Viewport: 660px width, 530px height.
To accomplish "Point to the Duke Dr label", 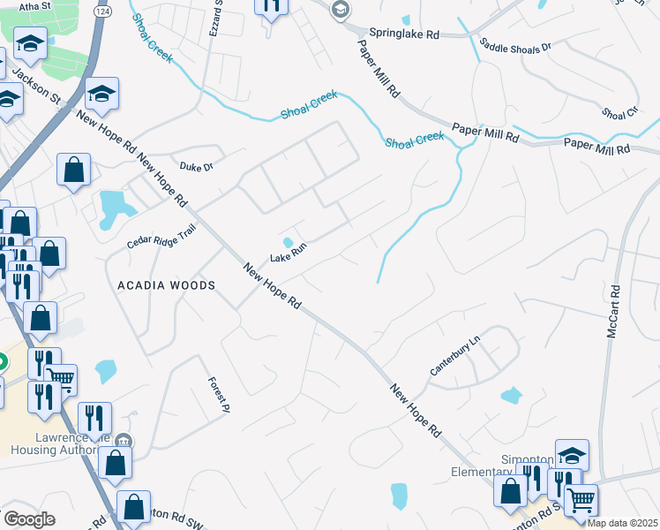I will (197, 165).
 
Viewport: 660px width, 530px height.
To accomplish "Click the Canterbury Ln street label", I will (454, 360).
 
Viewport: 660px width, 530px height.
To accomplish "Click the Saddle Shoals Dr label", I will (515, 44).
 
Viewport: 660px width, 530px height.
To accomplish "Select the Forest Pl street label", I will (218, 395).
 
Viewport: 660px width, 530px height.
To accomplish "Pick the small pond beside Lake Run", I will (289, 242).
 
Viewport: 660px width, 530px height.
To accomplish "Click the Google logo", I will (29, 519).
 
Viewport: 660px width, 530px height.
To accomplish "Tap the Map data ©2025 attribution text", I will (622, 523).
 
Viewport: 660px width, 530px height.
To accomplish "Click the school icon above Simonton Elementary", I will (572, 455).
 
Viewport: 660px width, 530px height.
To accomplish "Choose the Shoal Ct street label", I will (619, 113).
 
